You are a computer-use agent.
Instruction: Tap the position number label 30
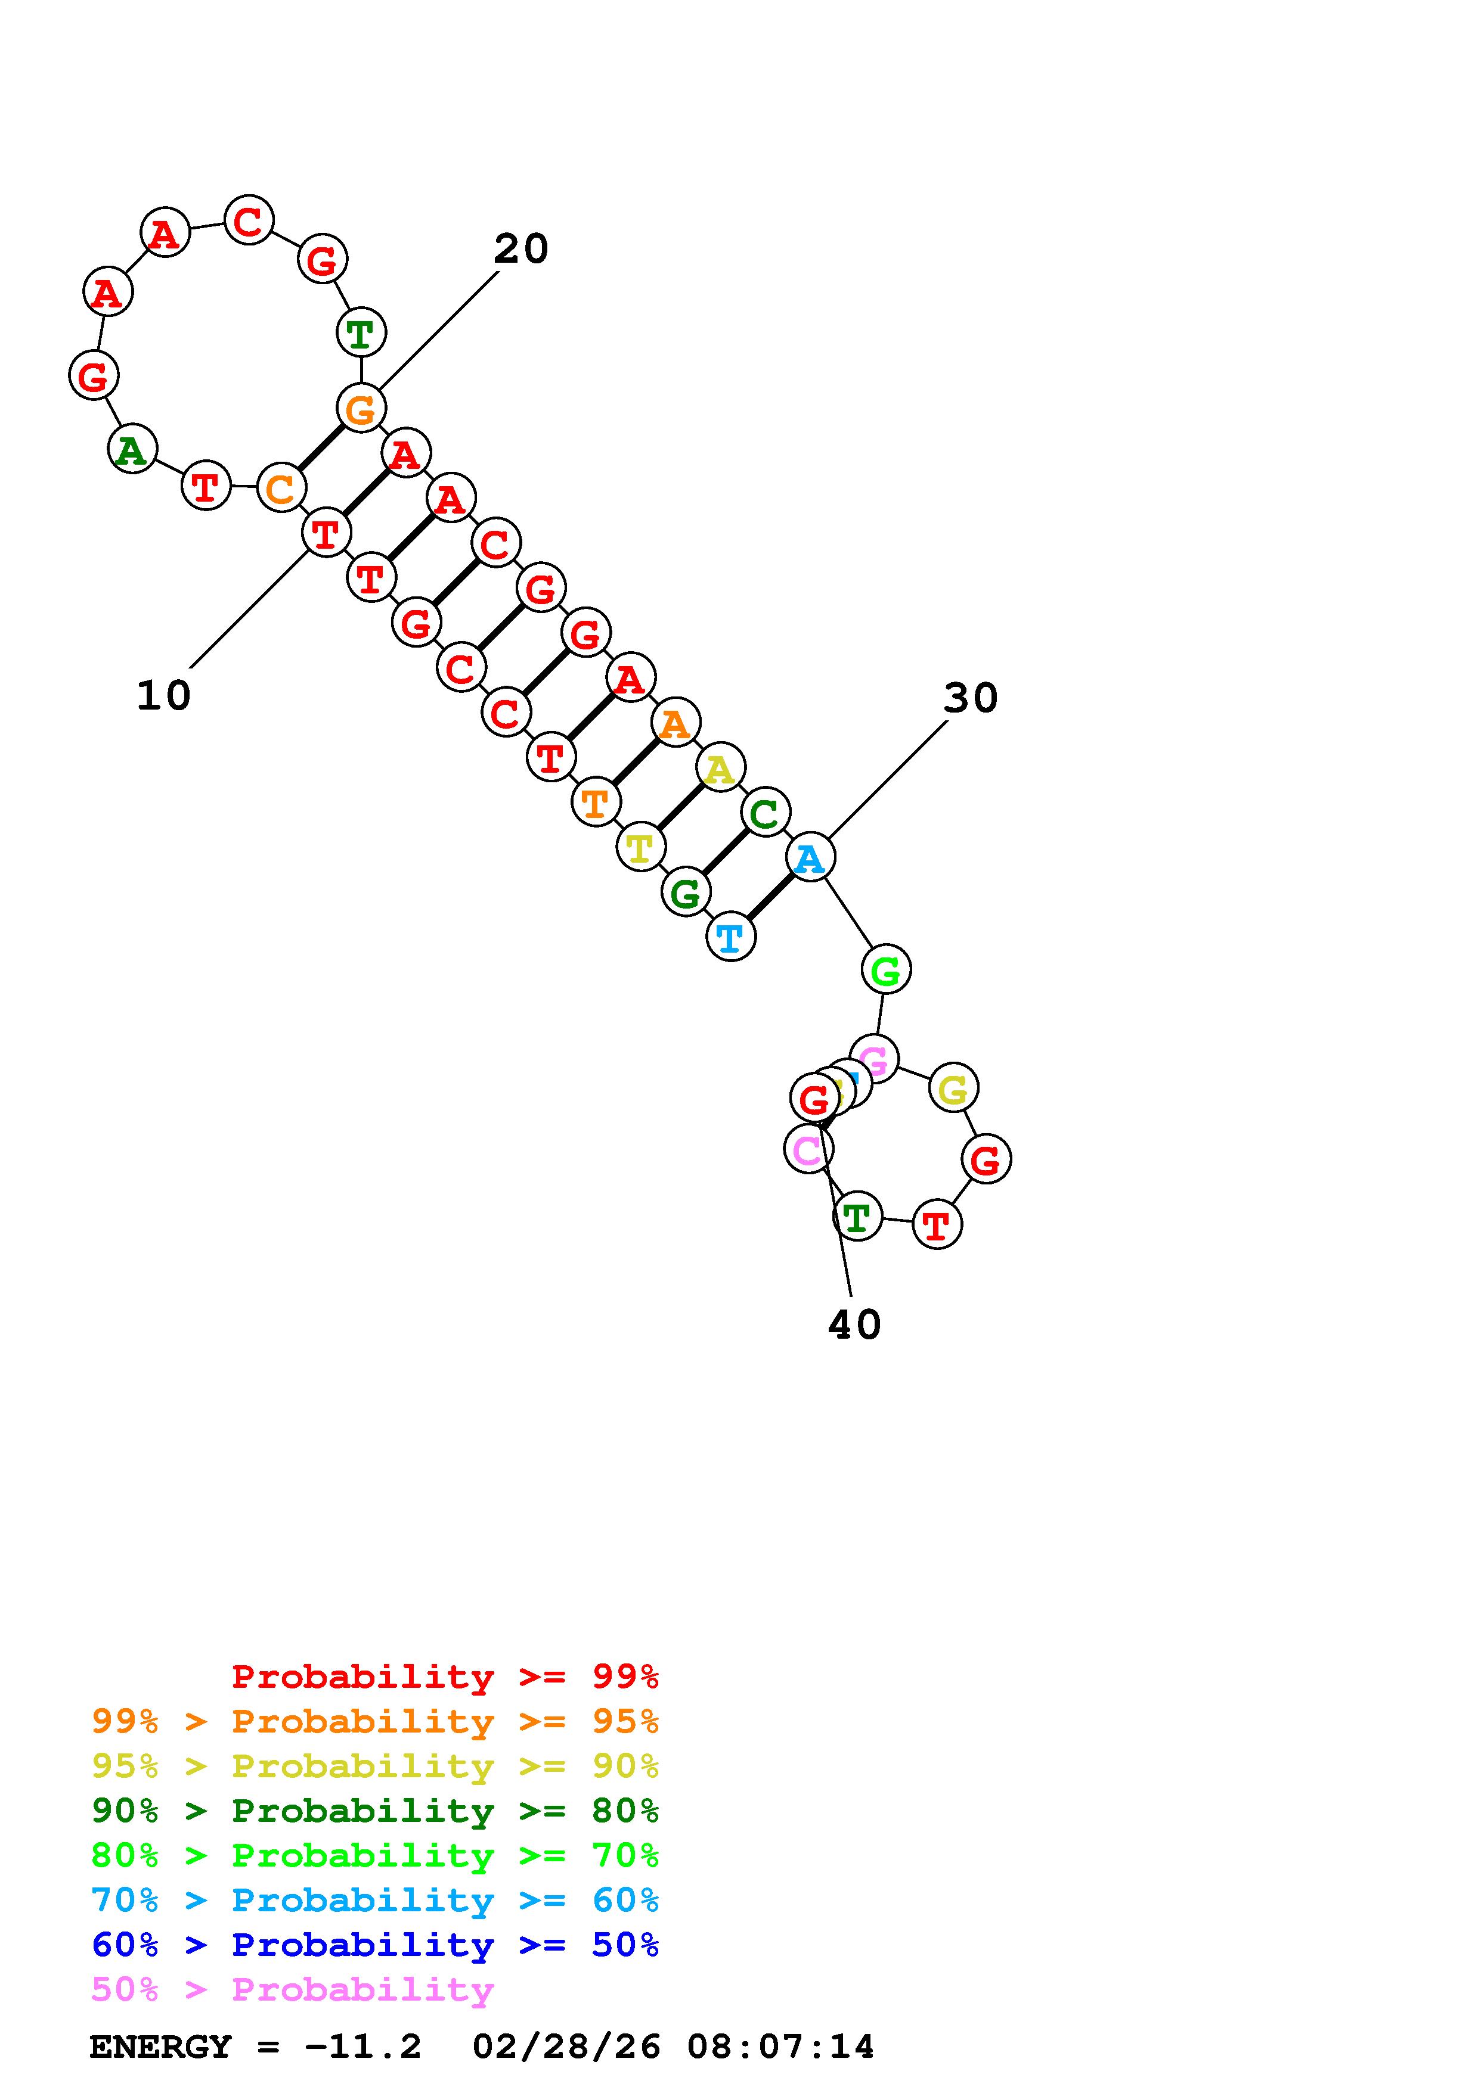pos(971,699)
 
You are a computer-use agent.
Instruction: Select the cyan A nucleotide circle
pos(810,857)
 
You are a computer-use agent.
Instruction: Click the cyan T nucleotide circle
pos(730,937)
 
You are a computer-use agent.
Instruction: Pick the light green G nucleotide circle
pos(885,971)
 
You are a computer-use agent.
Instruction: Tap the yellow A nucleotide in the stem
pos(720,769)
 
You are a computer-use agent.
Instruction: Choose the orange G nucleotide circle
pos(361,409)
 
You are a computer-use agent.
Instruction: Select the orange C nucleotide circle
pos(281,488)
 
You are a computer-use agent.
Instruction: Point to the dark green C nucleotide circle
pos(765,813)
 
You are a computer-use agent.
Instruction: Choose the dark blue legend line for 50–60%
pos(374,1945)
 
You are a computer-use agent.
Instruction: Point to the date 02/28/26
pos(566,2047)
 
